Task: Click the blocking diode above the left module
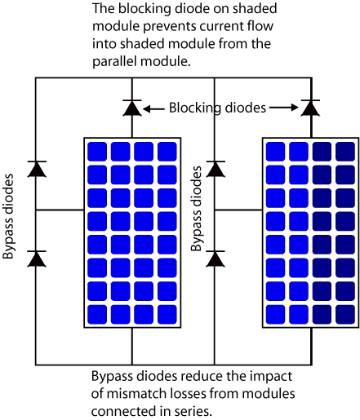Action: pos(131,107)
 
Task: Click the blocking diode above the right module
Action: pos(309,107)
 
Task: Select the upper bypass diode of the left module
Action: pos(36,169)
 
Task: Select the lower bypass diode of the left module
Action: pos(36,259)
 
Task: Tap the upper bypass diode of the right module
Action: pos(216,169)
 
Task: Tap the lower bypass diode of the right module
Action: pos(216,259)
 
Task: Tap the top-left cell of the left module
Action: pos(97,151)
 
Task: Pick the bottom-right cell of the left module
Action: pos(167,314)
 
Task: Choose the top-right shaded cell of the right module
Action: pos(344,151)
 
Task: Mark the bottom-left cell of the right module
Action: pos(275,314)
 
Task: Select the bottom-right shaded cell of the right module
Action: pos(344,314)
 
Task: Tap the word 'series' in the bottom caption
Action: pos(191,410)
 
